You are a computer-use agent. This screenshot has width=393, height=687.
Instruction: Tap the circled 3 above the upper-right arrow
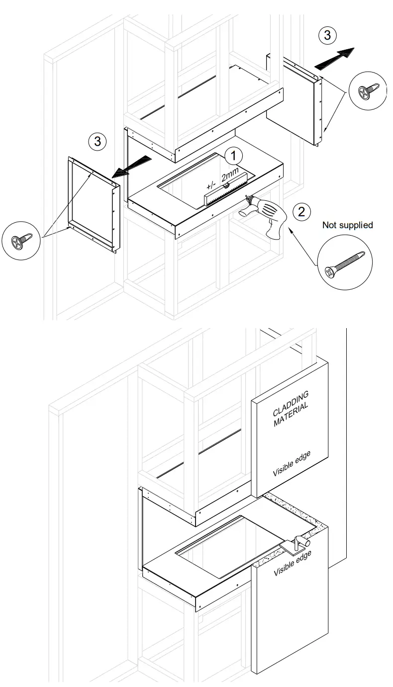[326, 35]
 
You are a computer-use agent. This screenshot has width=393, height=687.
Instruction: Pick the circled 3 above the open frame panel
[98, 142]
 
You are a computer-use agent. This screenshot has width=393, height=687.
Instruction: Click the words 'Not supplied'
[347, 225]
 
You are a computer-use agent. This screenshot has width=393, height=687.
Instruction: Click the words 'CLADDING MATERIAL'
[291, 409]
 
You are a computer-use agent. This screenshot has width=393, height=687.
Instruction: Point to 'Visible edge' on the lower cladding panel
[293, 564]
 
